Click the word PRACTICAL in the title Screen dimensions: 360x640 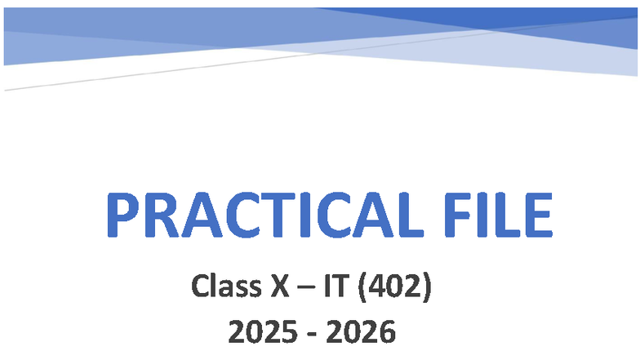coord(258,216)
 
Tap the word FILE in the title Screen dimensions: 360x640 coord(491,216)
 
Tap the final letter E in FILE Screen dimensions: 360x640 coord(536,216)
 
